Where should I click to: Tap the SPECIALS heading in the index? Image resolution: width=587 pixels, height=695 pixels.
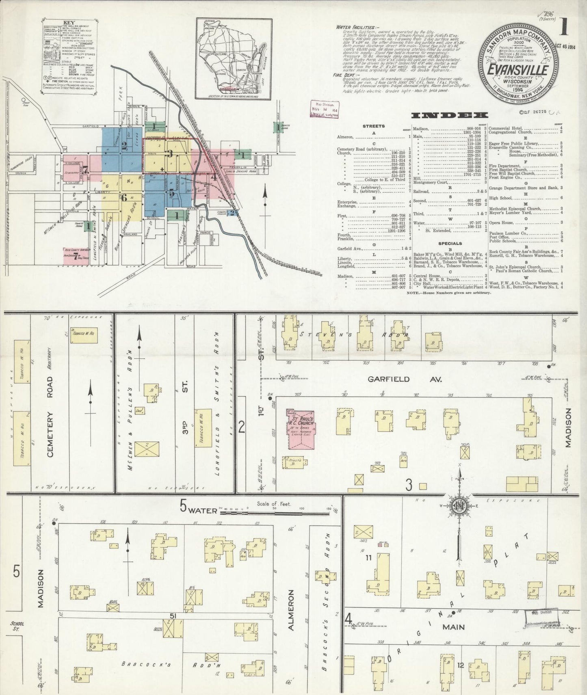point(450,244)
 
